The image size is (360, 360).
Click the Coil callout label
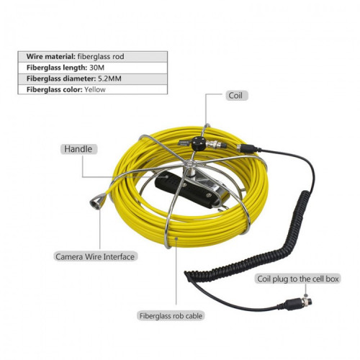tap(236, 96)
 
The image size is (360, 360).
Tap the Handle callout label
tap(78, 149)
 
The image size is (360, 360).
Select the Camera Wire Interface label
tap(95, 256)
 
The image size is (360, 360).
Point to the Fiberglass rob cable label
tap(171, 315)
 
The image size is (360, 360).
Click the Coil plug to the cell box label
tap(298, 279)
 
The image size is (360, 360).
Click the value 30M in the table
tap(97, 68)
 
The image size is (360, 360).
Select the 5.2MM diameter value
tap(110, 78)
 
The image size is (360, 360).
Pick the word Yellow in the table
tap(95, 89)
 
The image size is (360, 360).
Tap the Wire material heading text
tap(51, 57)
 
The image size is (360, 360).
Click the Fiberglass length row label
tap(57, 68)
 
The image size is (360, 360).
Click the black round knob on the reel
tap(199, 143)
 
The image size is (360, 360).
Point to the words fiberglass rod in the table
tap(101, 57)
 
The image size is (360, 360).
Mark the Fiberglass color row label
tap(55, 90)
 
